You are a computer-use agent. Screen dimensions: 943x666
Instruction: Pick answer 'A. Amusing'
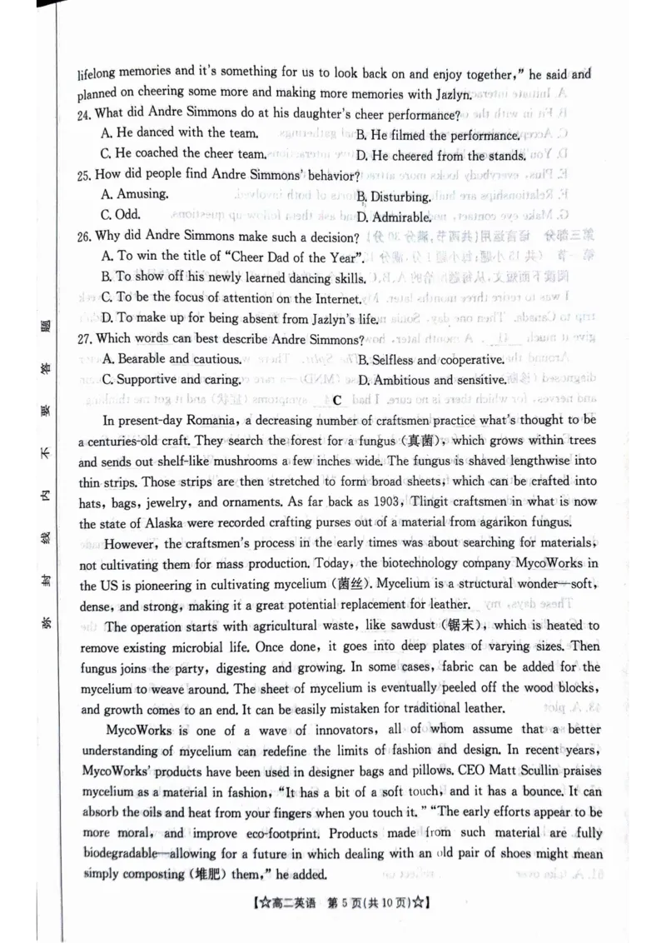[134, 194]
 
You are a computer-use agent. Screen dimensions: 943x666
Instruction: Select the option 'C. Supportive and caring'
[171, 379]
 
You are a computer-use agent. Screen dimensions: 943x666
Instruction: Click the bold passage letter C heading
[337, 401]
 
